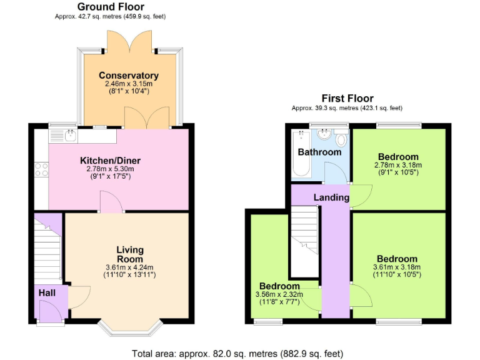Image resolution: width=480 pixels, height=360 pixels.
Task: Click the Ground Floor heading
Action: [111, 7]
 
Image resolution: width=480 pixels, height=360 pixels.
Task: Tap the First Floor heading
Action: [347, 98]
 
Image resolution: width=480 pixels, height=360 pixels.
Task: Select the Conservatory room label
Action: [129, 76]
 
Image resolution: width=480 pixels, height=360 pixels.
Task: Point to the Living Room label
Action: [130, 254]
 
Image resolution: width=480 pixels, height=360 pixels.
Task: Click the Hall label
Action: [47, 292]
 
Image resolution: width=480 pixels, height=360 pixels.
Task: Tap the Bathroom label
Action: [319, 152]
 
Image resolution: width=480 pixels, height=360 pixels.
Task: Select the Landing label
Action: [331, 197]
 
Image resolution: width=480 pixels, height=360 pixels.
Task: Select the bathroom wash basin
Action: [324, 134]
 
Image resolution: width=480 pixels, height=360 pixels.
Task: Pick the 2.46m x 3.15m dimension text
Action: [129, 84]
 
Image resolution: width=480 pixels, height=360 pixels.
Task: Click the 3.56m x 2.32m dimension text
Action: [279, 295]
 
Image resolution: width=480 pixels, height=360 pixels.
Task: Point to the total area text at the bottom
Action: [237, 354]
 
